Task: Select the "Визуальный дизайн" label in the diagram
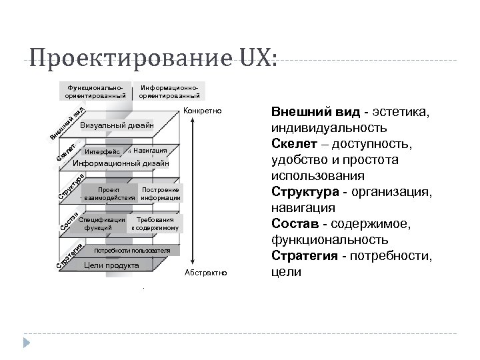pos(116,125)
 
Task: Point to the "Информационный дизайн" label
pos(121,163)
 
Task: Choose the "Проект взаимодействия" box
pos(108,193)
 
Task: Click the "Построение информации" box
pos(161,193)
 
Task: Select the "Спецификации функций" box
pos(102,223)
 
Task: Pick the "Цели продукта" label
pos(111,265)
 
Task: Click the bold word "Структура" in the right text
pos(301,192)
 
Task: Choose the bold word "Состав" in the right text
pos(292,224)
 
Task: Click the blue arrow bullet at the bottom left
pos(27,343)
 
